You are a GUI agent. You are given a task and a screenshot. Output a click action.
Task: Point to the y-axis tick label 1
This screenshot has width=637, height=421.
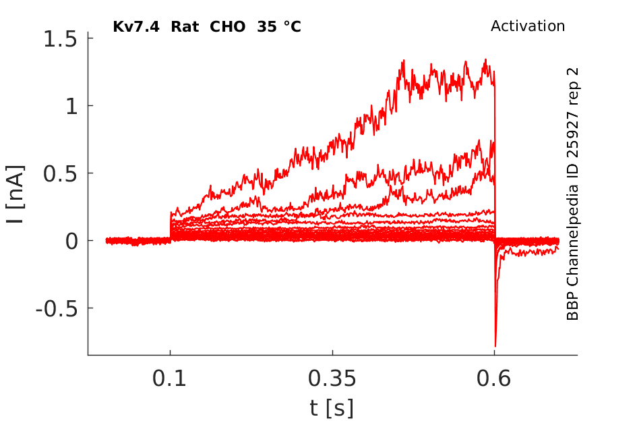tap(70, 106)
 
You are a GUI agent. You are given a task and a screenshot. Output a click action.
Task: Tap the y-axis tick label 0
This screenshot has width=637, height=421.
tap(70, 241)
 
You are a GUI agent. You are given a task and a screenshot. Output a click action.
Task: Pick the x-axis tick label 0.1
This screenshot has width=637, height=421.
tap(170, 378)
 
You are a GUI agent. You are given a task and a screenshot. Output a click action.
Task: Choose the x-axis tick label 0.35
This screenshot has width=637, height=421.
tap(332, 378)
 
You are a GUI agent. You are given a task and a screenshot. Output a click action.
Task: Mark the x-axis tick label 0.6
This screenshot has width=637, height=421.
tap(495, 378)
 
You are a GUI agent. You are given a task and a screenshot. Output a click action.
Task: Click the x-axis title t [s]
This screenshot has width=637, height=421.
tap(332, 408)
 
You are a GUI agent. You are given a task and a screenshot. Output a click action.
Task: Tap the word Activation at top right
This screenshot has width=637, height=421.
tap(528, 26)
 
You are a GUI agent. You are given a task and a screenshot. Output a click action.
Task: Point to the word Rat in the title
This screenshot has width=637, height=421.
tap(183, 27)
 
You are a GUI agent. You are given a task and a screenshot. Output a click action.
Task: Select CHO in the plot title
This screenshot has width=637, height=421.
tap(228, 27)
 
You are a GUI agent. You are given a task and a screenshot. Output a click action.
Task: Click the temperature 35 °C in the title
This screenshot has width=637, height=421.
tap(278, 27)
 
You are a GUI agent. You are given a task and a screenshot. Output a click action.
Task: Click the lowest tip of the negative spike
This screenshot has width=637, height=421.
tap(495, 346)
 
